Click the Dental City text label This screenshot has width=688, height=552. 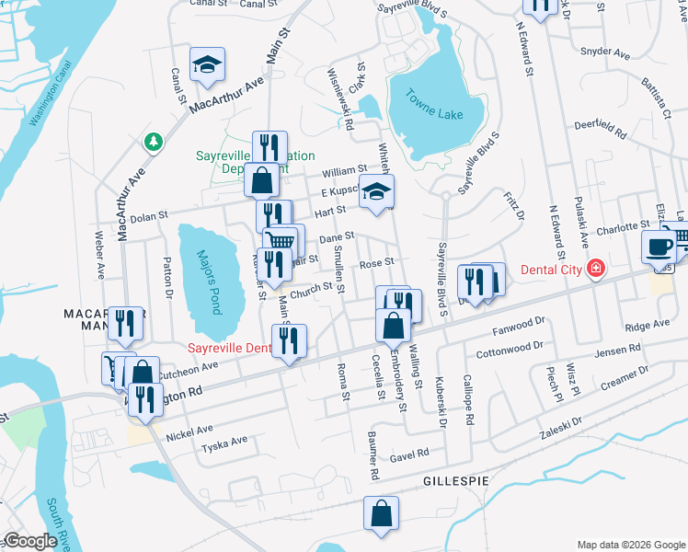549,270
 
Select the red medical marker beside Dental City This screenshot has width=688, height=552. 597,269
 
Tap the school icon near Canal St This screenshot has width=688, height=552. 207,64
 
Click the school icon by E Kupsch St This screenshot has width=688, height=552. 375,192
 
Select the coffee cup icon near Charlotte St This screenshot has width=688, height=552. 659,247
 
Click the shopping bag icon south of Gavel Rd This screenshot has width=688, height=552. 381,513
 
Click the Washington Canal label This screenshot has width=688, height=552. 49,96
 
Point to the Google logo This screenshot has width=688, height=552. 30,540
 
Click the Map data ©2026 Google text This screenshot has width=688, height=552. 630,545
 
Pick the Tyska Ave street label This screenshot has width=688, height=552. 225,442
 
